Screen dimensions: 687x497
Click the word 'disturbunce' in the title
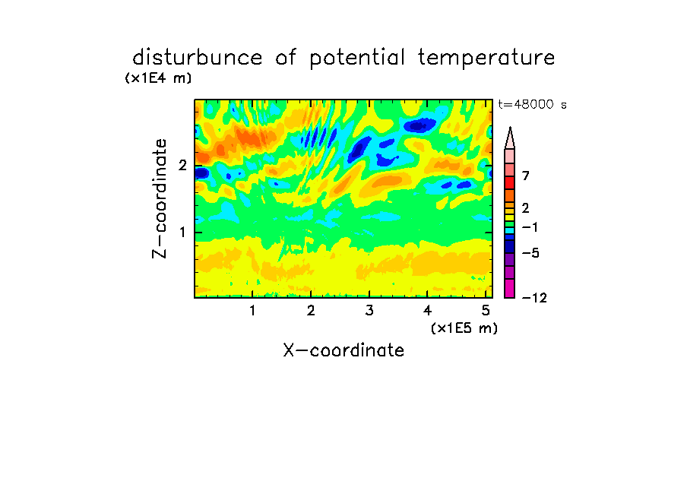[198, 58]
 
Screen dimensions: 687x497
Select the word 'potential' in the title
[357, 59]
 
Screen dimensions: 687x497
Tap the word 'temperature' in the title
[486, 59]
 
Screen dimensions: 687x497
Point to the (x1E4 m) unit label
[159, 78]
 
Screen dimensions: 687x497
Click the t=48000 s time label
[532, 104]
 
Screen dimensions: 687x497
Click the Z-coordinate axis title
[160, 198]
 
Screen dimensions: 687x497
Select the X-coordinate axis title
[343, 350]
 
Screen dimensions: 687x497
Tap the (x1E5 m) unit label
[464, 328]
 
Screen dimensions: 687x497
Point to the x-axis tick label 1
[252, 311]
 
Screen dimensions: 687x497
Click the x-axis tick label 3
[369, 311]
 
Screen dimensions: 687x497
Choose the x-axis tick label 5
[486, 311]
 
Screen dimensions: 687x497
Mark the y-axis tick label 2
[182, 166]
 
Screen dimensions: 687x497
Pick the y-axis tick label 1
[182, 233]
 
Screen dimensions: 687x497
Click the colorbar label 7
[526, 176]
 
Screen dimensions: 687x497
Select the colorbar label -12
[535, 298]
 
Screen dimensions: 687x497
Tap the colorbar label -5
[530, 253]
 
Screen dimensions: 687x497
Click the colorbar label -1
[530, 227]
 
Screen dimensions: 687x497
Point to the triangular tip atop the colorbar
[510, 128]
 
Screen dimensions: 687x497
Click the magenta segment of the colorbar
[510, 288]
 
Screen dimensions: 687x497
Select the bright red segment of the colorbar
[510, 182]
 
